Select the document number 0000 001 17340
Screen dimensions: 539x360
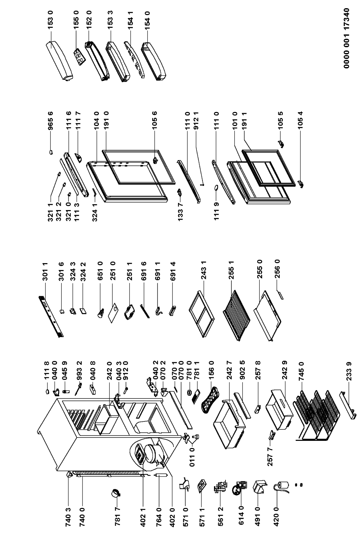[348, 38]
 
